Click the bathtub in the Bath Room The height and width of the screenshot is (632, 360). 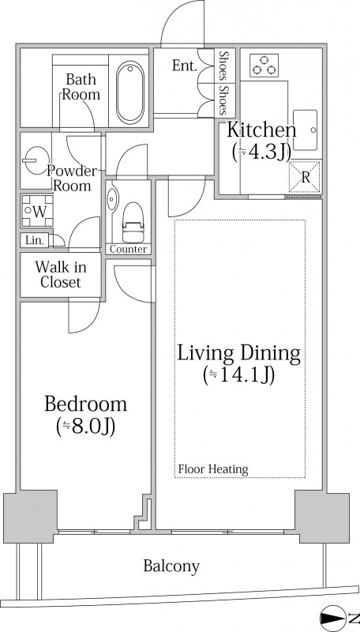[130, 92]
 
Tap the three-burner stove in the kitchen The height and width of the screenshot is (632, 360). [264, 66]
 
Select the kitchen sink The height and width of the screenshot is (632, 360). [306, 130]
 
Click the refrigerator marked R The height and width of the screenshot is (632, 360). [305, 177]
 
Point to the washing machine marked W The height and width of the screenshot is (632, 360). [37, 211]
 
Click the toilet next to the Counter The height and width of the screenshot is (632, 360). [133, 222]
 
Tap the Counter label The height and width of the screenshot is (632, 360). [129, 250]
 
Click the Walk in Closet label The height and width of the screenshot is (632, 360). [61, 274]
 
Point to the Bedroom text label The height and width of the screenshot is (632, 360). [85, 404]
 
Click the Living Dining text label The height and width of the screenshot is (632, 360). [239, 353]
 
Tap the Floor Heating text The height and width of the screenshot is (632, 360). [213, 469]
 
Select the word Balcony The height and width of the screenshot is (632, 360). [171, 566]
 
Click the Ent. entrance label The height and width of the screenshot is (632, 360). [184, 66]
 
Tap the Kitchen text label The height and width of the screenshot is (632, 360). [262, 130]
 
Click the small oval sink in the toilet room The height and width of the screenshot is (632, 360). [111, 197]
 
